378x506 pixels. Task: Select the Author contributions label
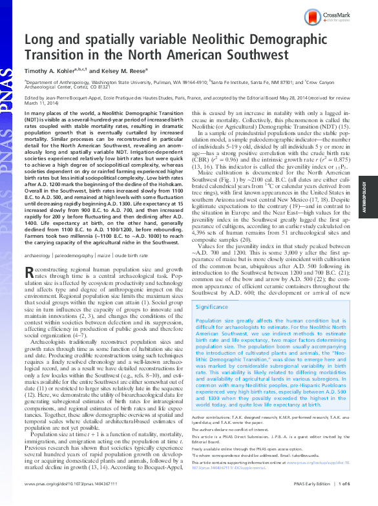click(x=213, y=436)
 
